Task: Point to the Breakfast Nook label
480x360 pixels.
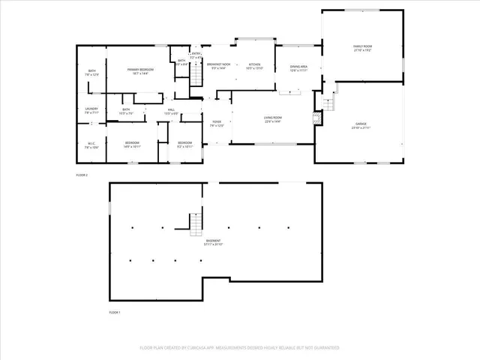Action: pyautogui.click(x=219, y=66)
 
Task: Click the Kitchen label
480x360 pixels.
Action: pyautogui.click(x=254, y=66)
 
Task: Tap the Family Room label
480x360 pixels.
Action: pyautogui.click(x=363, y=48)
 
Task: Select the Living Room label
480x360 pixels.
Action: pyautogui.click(x=271, y=118)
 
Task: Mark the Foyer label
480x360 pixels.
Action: pyautogui.click(x=216, y=123)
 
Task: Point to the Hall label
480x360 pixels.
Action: pyautogui.click(x=171, y=111)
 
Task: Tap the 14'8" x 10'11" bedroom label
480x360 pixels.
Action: pyautogui.click(x=132, y=144)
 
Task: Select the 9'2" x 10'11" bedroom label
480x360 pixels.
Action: pyautogui.click(x=184, y=144)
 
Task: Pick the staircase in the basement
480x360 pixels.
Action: pyautogui.click(x=194, y=218)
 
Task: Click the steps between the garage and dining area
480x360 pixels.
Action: pyautogui.click(x=327, y=103)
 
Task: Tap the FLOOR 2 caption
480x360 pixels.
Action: pyautogui.click(x=82, y=175)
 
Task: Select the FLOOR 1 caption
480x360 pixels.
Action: pyautogui.click(x=115, y=311)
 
